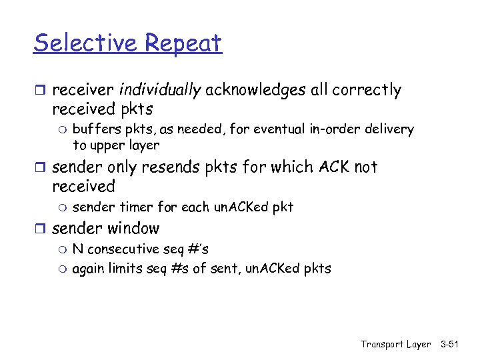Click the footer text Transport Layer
tap(395, 344)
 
